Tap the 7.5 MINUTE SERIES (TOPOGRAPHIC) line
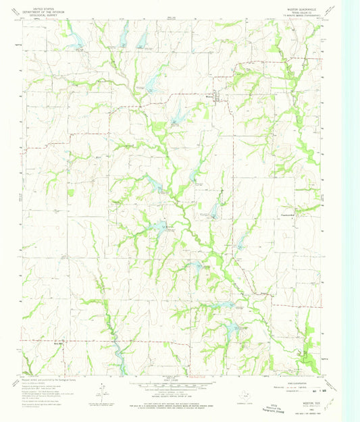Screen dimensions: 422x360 coord(294,16)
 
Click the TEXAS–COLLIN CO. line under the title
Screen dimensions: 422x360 coord(294,13)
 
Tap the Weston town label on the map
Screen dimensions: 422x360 coord(210,100)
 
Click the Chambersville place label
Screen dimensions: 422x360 coord(288,216)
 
